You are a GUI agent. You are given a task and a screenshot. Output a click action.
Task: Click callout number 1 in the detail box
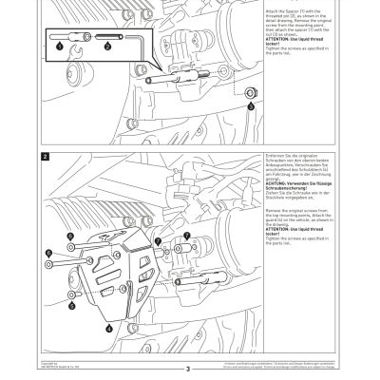click(x=59, y=46)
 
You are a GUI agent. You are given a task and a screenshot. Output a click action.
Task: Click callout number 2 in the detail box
click(x=108, y=46)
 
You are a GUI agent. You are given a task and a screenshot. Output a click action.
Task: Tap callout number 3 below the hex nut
click(x=251, y=107)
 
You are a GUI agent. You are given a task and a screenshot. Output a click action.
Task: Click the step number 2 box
click(x=45, y=153)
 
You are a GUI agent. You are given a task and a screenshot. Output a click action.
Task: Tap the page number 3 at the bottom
click(x=189, y=369)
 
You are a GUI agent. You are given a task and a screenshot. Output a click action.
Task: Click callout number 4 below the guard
click(x=110, y=325)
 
